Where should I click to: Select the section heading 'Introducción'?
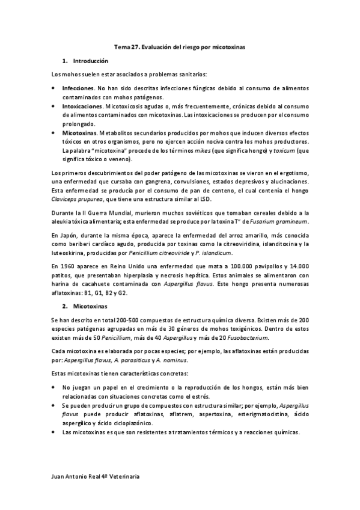click(90, 61)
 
